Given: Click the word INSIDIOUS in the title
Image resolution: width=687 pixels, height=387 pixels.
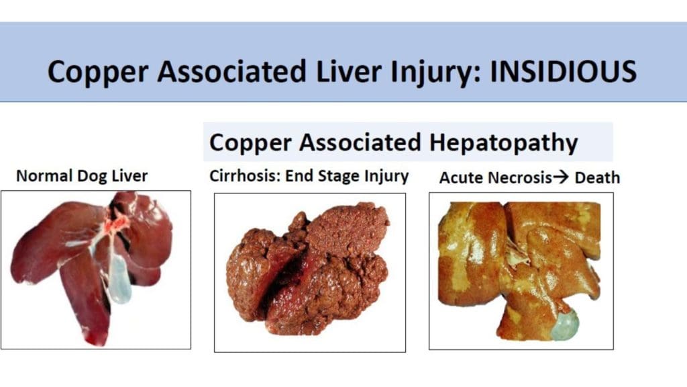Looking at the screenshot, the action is (563, 71).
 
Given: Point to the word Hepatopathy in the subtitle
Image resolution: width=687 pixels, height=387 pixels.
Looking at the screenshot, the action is (503, 144).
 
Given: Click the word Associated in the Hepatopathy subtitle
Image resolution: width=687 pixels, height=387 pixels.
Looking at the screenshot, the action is (360, 142).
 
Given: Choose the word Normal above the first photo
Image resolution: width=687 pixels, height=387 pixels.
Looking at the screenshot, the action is (45, 176).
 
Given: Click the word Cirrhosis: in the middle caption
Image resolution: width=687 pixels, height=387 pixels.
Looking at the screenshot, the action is (245, 176).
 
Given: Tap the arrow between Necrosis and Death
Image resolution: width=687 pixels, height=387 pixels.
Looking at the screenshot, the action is (561, 177).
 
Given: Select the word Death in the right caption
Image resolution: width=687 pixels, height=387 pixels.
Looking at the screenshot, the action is (597, 177).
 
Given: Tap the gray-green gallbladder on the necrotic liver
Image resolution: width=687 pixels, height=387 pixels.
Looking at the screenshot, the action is (565, 325).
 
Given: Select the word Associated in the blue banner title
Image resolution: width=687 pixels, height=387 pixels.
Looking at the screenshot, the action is (232, 71).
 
